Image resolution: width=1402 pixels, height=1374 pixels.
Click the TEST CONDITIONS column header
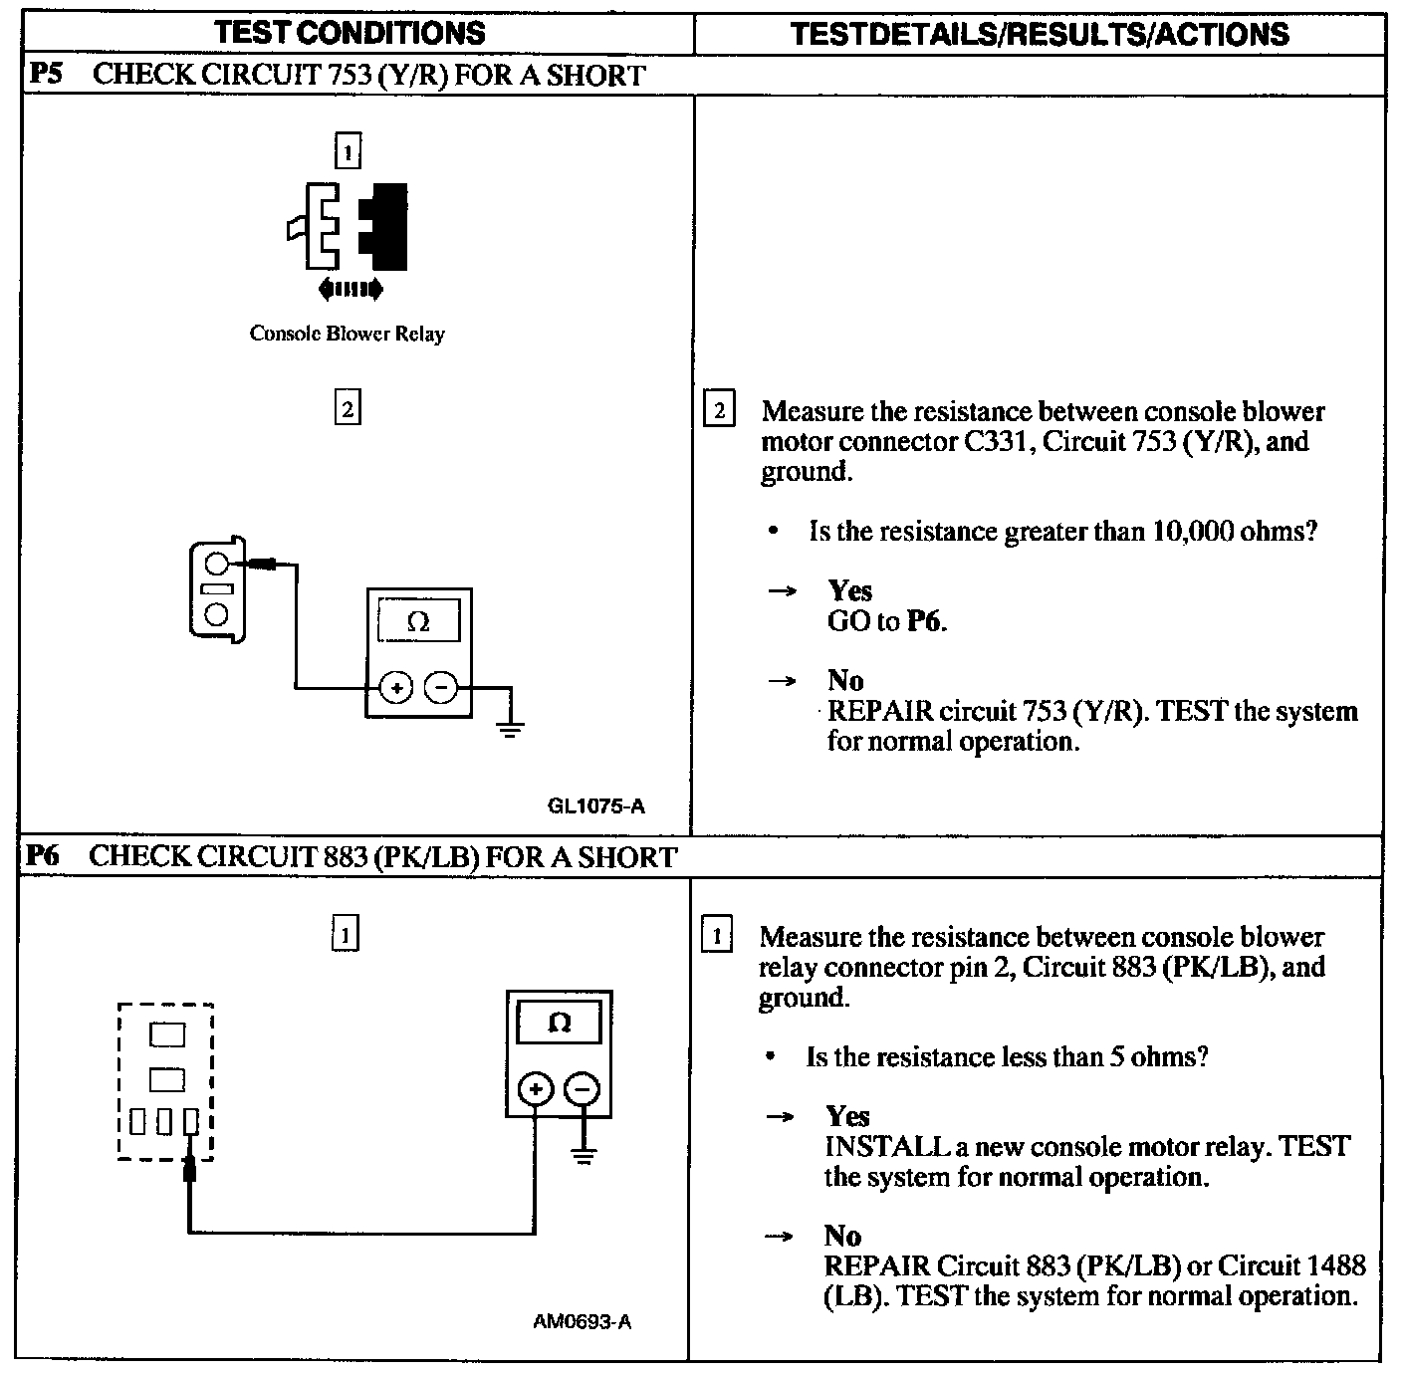[350, 32]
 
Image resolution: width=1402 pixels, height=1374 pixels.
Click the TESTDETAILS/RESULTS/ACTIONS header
[1039, 34]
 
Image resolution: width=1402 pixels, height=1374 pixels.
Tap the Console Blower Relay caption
[347, 334]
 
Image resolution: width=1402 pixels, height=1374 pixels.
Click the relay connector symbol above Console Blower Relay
[349, 227]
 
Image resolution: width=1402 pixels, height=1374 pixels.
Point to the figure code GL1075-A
[595, 805]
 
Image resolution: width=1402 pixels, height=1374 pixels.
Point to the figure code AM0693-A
[582, 1322]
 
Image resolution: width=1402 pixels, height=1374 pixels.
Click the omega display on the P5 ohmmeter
[418, 622]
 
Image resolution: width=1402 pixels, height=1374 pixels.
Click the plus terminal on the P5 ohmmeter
[396, 687]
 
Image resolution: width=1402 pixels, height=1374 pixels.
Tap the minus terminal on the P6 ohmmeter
[583, 1089]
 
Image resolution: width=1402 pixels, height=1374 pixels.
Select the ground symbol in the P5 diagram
[510, 730]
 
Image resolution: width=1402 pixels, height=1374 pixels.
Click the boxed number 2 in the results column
[718, 411]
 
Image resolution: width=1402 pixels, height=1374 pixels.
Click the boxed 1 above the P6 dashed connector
[345, 934]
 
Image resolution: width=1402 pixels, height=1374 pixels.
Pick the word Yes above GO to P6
[849, 590]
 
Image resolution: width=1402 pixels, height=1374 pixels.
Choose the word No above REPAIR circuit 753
[844, 680]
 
